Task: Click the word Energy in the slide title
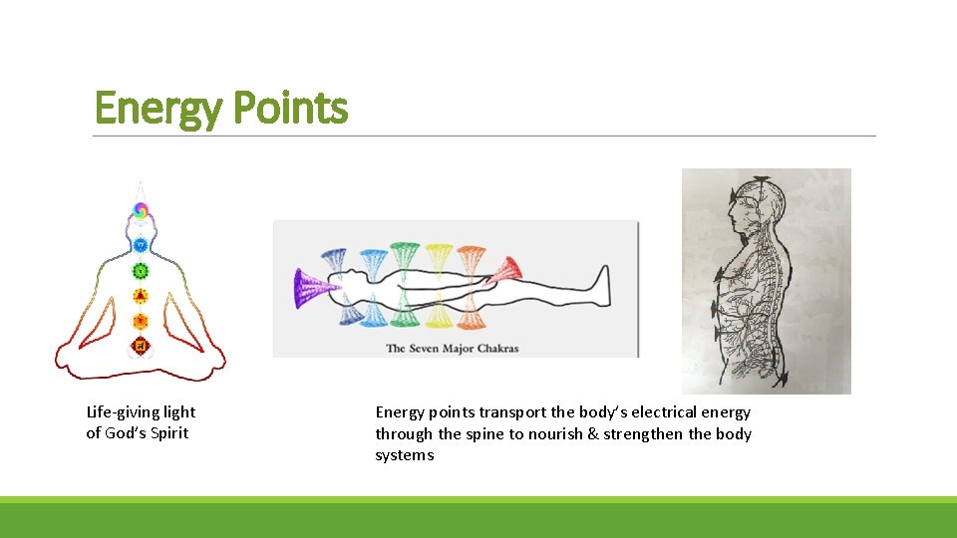coord(156,109)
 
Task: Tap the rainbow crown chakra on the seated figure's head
coord(141,210)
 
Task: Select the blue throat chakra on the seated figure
coord(141,245)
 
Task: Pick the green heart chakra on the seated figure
coord(141,270)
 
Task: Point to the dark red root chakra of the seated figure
coord(141,346)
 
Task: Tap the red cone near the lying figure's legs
coord(506,268)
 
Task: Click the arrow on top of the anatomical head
coord(762,180)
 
